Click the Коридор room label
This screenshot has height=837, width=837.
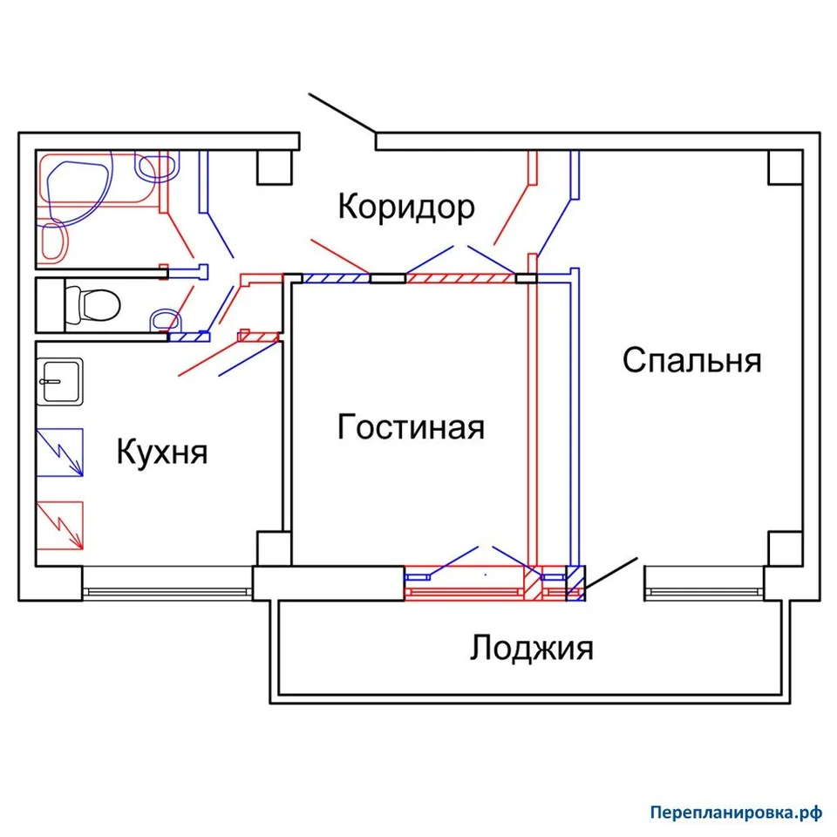point(406,208)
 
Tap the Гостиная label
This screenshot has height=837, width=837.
point(411,427)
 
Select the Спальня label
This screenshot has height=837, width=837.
point(691,360)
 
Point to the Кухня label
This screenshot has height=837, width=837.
point(162,453)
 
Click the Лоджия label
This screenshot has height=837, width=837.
point(532,648)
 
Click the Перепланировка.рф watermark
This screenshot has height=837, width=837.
point(736,812)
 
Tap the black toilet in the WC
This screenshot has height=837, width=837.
point(92,305)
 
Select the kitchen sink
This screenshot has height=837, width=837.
point(60,382)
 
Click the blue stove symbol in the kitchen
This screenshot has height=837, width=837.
point(60,453)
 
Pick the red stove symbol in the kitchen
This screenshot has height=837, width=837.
point(60,526)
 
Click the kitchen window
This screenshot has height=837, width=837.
point(167,591)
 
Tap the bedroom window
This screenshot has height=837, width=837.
point(704,591)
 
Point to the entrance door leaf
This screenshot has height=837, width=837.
point(342,113)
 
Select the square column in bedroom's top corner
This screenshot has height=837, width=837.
point(786,167)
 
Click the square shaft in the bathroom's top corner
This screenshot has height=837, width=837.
point(275,167)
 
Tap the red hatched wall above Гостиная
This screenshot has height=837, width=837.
point(460,278)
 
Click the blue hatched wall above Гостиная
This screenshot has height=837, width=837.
point(336,278)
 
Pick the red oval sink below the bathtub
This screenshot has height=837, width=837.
point(54,242)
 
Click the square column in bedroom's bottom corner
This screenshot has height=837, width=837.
point(786,548)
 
